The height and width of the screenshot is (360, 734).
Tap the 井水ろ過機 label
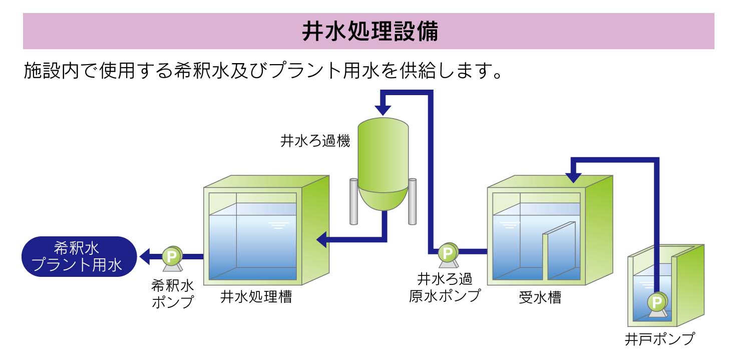(315, 141)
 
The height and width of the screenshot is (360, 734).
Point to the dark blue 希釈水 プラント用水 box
(79, 256)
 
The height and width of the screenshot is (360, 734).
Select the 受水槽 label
(540, 297)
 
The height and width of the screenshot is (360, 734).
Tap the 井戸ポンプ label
(659, 339)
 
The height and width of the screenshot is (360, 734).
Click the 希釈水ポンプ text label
(172, 294)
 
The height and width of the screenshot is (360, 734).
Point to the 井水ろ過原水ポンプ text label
(444, 287)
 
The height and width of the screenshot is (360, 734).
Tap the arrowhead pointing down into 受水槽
(574, 176)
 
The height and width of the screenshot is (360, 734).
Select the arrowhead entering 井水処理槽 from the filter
(322, 239)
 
